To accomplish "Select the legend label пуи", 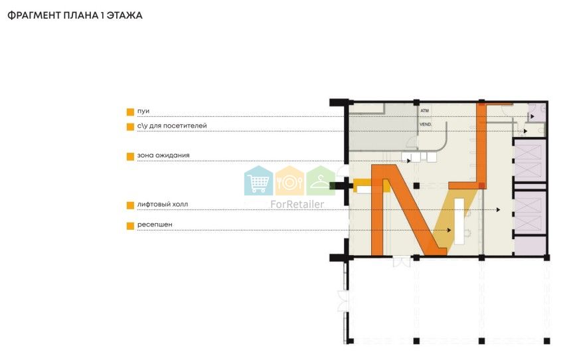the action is tap(143, 111).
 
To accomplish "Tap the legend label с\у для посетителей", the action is tap(172, 126).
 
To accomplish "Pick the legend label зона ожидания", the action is tap(163, 155).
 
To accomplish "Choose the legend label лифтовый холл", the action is tap(163, 205).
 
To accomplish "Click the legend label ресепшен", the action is tap(155, 225).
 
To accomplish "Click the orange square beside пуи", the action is tap(131, 112).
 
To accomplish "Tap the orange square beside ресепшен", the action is tap(131, 226).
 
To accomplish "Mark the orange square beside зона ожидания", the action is tap(131, 157).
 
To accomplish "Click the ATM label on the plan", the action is tap(424, 111).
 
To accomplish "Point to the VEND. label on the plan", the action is tap(426, 124).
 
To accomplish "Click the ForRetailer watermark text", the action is tap(297, 205).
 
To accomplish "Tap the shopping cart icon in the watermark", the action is tap(258, 181).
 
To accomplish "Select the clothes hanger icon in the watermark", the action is tap(321, 181).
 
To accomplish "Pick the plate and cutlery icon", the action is tap(289, 181).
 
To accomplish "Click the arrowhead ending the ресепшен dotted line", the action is tap(449, 230).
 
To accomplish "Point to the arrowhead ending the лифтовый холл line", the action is tap(499, 210).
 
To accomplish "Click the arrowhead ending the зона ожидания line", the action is tap(409, 161).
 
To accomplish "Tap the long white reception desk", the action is tap(459, 221).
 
